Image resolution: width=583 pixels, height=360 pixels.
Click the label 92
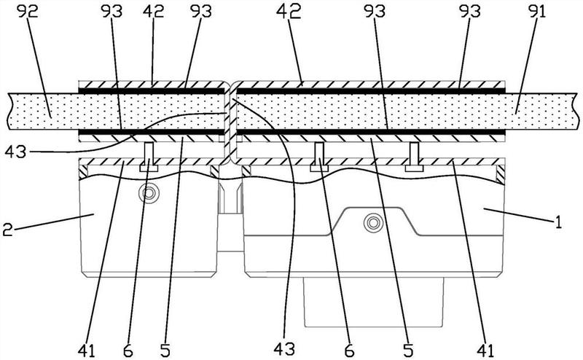28,12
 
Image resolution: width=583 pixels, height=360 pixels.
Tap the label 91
535,12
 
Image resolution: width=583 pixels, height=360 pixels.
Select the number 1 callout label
558,223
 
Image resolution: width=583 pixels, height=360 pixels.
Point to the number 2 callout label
8,229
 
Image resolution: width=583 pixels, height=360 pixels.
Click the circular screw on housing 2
149,193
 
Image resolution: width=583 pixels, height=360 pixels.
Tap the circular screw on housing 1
372,223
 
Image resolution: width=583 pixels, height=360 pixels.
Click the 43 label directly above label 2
15,152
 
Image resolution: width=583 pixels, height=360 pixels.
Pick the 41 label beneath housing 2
87,351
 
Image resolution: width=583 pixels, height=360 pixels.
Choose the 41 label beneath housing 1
485,351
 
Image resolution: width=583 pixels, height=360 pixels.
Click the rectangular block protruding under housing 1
374,302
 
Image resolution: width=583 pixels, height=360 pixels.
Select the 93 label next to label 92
111,12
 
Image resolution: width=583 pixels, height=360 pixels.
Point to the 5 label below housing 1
408,351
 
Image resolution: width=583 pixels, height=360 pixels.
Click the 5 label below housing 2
165,351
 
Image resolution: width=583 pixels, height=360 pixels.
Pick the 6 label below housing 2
128,351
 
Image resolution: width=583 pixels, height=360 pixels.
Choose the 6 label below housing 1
350,351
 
